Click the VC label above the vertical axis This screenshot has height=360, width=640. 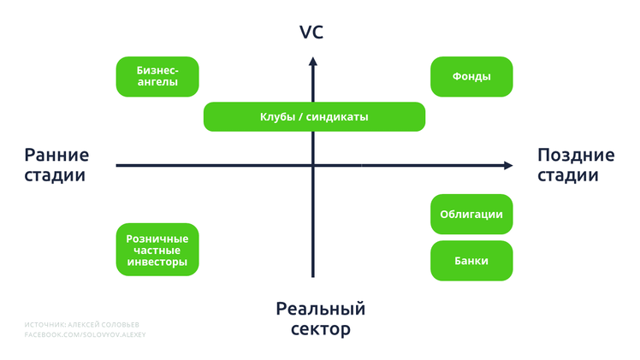[x=311, y=32]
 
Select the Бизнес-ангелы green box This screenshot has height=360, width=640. [x=157, y=77]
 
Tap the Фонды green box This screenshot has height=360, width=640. [x=471, y=77]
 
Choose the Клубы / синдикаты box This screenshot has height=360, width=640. [x=314, y=116]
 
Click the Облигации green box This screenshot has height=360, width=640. [x=471, y=214]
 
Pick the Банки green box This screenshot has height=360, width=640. [x=471, y=261]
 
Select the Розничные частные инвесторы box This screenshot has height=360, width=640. [x=157, y=250]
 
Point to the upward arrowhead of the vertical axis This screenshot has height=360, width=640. [x=313, y=62]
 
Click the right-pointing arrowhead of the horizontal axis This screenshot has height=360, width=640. [x=508, y=165]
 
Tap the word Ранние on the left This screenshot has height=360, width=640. [x=56, y=155]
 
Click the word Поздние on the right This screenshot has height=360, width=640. [x=576, y=155]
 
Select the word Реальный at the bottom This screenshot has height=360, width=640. [x=321, y=309]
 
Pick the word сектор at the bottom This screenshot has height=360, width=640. [x=321, y=329]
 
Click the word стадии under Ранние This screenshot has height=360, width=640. [x=55, y=175]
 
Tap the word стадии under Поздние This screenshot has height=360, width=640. [x=568, y=175]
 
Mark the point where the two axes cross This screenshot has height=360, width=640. [x=313, y=165]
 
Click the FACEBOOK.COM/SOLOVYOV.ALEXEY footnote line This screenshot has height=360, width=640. [x=85, y=334]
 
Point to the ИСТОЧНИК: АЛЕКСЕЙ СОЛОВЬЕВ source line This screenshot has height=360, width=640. [x=81, y=325]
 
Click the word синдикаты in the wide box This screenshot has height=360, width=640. [x=337, y=117]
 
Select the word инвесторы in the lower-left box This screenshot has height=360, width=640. [x=157, y=262]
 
